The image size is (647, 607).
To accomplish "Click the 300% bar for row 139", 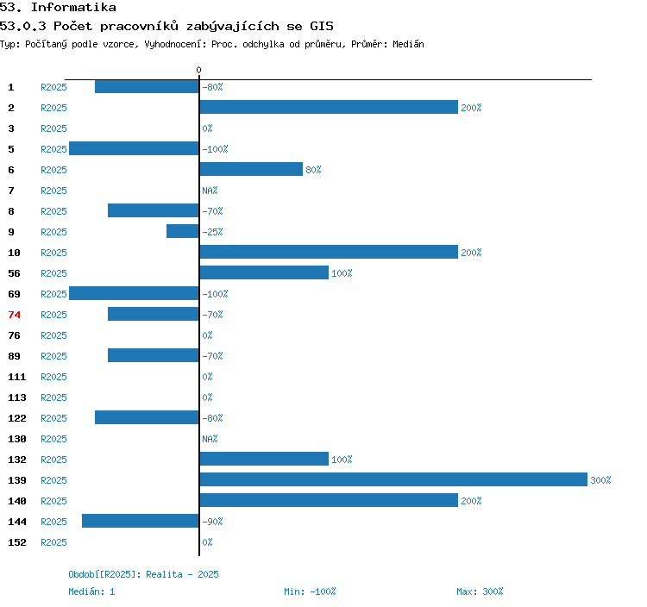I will point(393,479).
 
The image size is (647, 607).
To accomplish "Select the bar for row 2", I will point(329,107).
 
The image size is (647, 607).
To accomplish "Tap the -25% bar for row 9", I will point(183,231).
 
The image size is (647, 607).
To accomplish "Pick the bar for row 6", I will point(251,169).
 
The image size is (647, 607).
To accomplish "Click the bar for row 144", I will point(141,521).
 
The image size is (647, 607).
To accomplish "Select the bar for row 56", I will point(264,272).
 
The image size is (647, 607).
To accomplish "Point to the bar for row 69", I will point(134,293).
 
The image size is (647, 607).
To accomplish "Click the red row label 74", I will point(14,315).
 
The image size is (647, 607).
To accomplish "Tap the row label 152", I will point(17,542).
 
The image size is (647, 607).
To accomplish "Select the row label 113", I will point(17,397).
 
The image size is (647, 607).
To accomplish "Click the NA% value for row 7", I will point(210,191).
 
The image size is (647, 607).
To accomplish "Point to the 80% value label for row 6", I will point(313,170).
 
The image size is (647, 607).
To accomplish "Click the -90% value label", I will point(212,522).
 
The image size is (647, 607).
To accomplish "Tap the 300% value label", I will point(600,480).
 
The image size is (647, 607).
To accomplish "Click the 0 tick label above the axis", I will point(198,70).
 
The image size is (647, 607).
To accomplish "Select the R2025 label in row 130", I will point(53,439).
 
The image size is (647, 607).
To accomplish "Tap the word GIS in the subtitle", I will point(322,26).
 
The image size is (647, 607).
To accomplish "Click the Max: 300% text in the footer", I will point(480,591).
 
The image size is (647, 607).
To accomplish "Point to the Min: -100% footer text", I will point(310,591).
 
